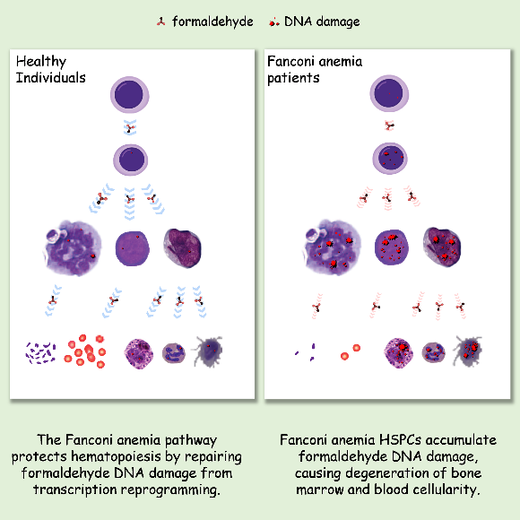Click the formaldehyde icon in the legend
(161, 22)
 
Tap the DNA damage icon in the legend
(274, 22)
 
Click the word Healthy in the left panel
(41, 62)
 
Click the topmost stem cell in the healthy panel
(130, 95)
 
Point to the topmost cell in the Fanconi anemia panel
(389, 93)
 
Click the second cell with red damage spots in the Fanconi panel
(390, 159)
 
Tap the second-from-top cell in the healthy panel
(130, 160)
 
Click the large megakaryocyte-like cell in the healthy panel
(72, 247)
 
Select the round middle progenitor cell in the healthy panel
(132, 248)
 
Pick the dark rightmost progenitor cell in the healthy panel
(182, 247)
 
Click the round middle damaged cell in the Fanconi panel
(391, 247)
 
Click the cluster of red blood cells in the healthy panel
(85, 351)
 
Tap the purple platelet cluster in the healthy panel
(40, 353)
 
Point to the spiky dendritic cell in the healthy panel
(208, 351)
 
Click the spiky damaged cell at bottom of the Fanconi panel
(468, 351)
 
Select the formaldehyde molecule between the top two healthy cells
(130, 127)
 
